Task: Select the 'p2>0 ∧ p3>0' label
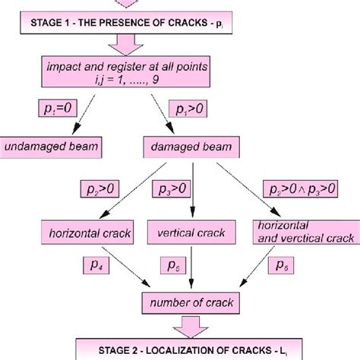click(x=302, y=188)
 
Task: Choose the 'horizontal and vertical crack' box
click(x=303, y=231)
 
